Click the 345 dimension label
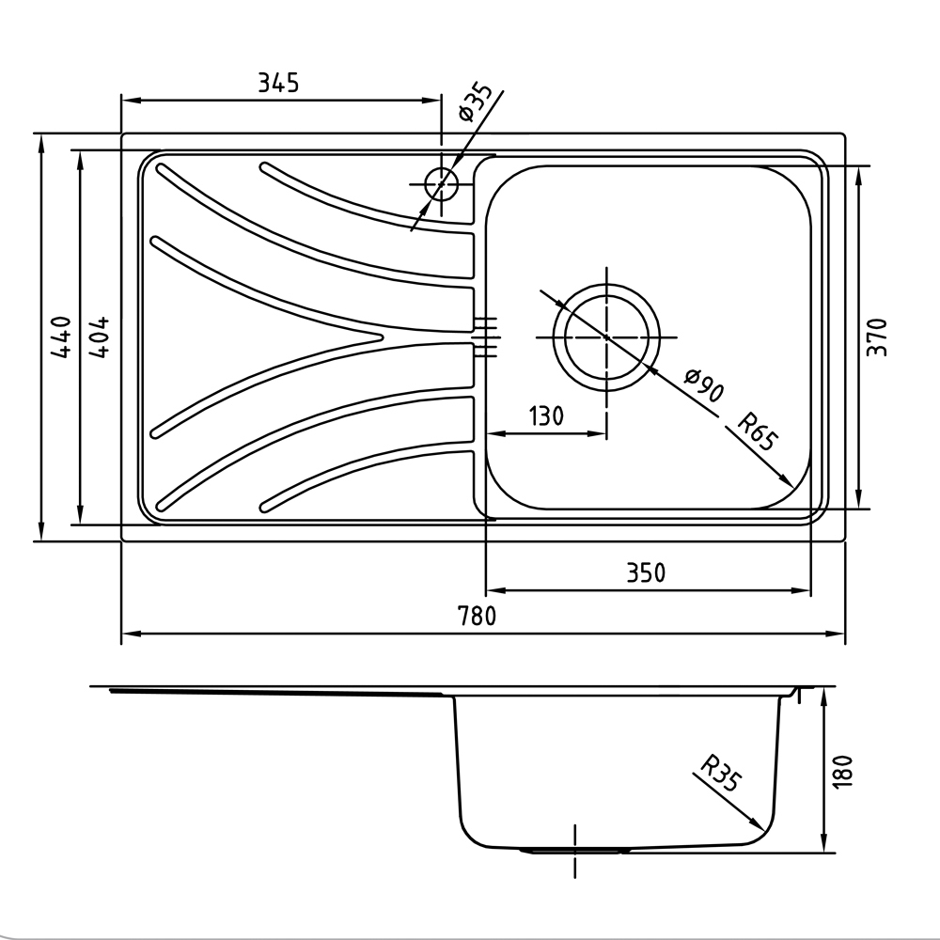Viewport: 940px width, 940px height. [278, 83]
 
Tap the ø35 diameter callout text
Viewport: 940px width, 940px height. [474, 102]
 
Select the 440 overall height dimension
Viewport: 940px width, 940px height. [61, 337]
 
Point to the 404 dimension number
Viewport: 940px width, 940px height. [99, 337]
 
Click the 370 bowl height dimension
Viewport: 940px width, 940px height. [877, 337]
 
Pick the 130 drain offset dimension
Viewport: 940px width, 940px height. [546, 415]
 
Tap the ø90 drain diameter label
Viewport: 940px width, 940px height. [705, 385]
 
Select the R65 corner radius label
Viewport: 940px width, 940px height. [757, 431]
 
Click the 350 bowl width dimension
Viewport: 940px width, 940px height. [647, 572]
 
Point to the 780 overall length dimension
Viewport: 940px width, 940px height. [478, 616]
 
